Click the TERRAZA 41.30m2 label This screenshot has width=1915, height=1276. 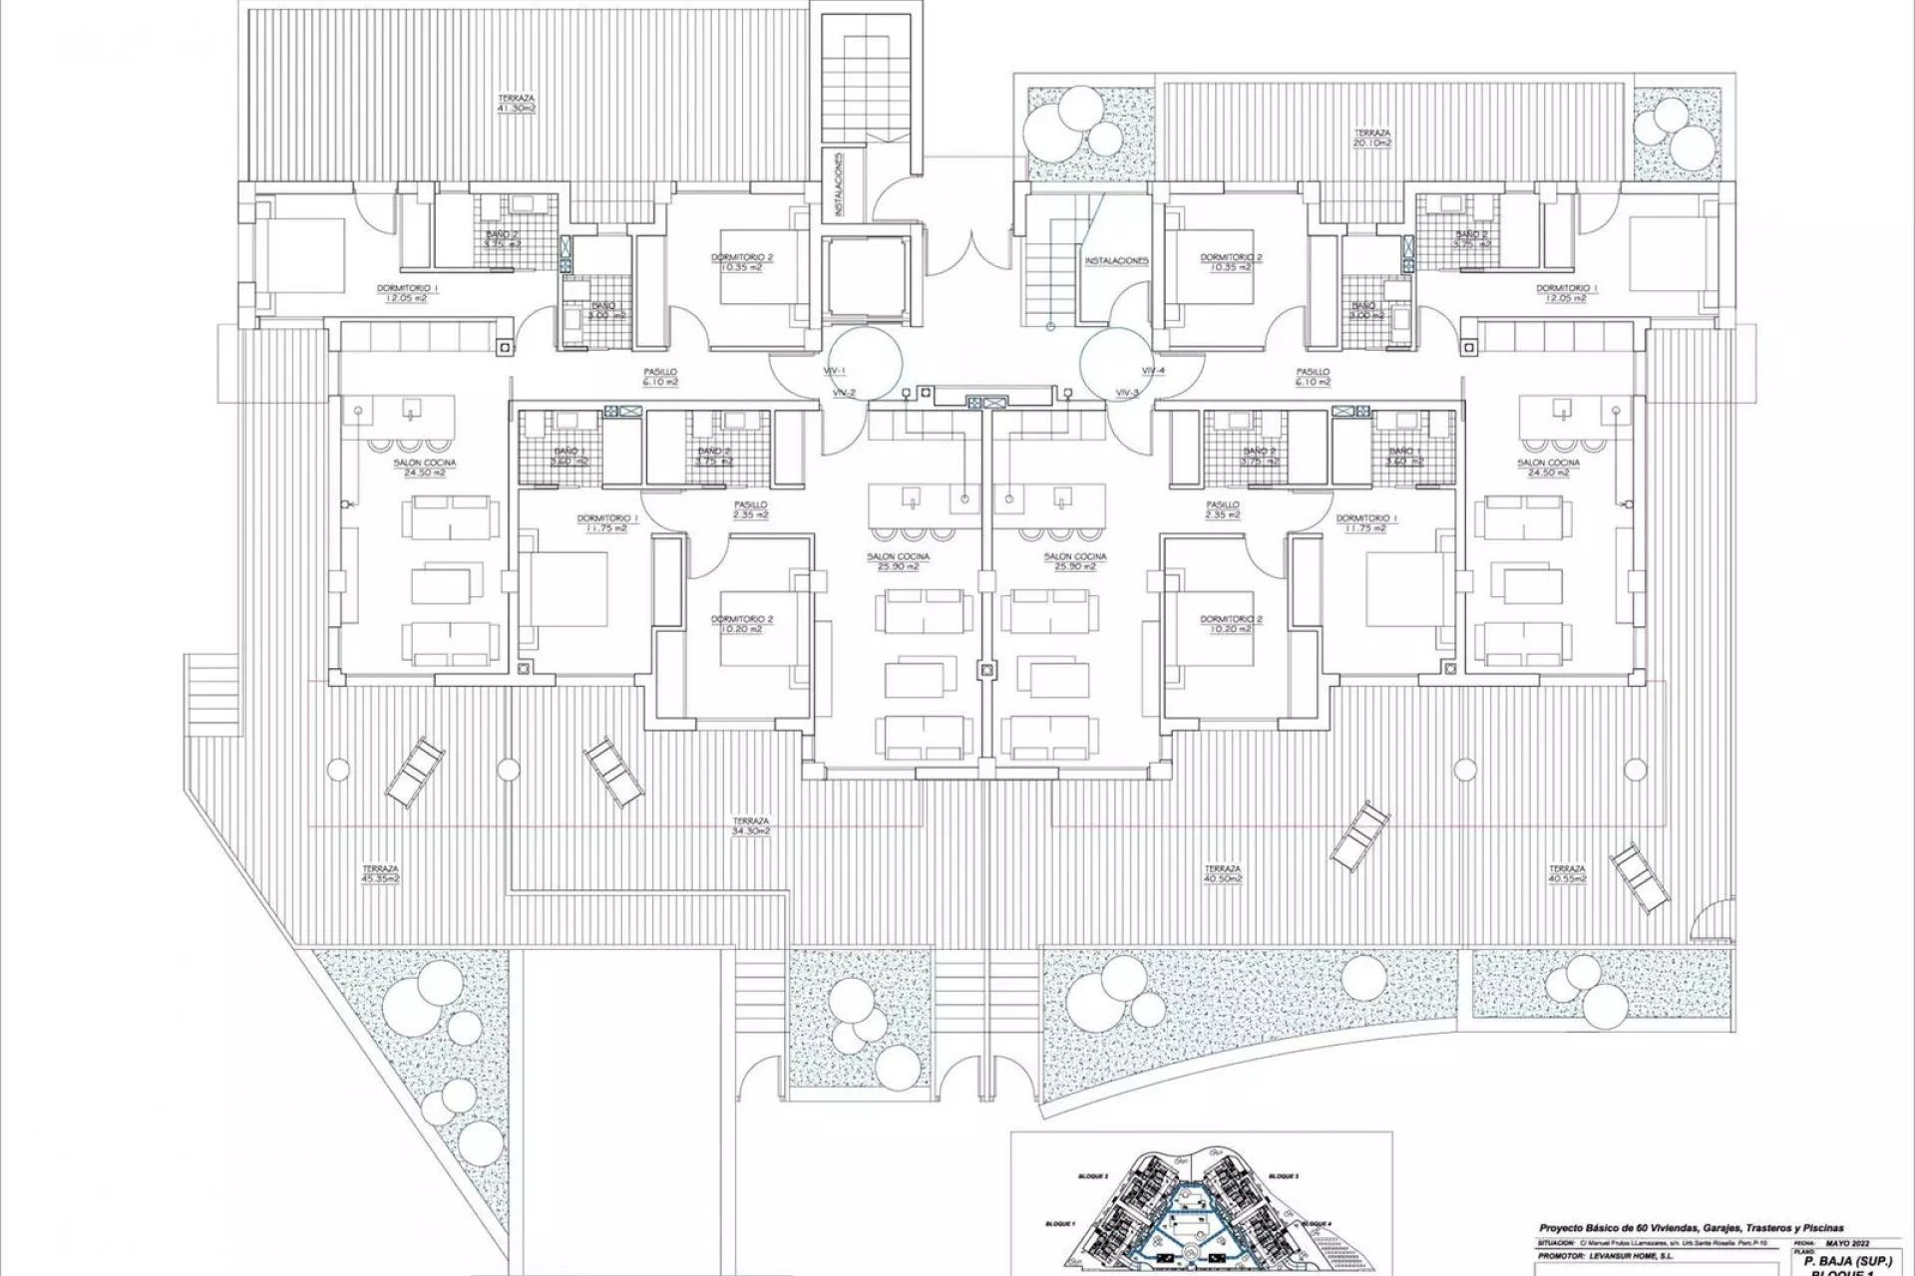coord(517,103)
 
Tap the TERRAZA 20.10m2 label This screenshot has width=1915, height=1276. coord(1372,138)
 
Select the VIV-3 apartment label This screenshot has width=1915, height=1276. coord(1128,393)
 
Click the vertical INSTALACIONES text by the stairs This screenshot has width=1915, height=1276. coord(841,183)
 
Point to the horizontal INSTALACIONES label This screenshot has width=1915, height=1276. coord(1117,261)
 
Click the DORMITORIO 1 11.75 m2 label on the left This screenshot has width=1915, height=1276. coord(607,523)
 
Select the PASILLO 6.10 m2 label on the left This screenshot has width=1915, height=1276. coord(659,376)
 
